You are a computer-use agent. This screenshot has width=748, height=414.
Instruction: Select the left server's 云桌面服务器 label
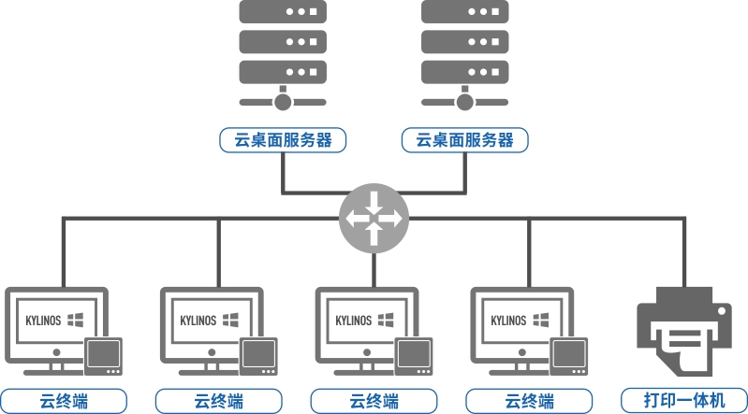point(284,140)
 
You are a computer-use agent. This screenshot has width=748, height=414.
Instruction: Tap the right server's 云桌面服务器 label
point(465,140)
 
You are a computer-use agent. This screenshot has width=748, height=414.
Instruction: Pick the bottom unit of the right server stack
point(465,71)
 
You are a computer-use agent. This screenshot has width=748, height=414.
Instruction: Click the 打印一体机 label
point(684,401)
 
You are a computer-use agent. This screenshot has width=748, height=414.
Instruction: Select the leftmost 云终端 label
point(64,401)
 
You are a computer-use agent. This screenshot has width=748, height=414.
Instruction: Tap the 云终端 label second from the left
point(219,401)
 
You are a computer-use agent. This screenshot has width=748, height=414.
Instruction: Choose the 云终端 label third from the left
point(374,401)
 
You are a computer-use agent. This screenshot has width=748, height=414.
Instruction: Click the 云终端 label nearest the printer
point(530,401)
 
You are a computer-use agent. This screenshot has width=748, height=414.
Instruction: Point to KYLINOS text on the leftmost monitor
point(43,321)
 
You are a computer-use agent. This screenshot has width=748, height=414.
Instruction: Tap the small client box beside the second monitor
point(258,356)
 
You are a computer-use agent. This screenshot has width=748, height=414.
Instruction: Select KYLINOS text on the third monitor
point(354,321)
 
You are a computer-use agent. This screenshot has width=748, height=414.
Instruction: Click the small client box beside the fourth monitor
point(569,356)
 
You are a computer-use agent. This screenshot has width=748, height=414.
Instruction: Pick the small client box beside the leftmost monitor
point(103,356)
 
